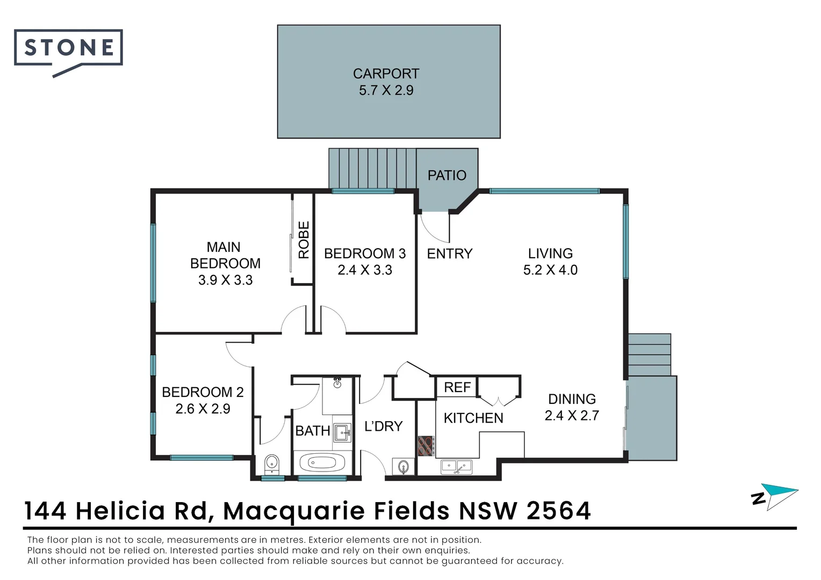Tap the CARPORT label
coord(386,74)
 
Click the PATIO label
coord(446,175)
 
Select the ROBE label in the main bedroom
coord(304,240)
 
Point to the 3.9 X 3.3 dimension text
coord(225,280)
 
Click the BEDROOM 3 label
coord(365,253)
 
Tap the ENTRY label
coord(449,253)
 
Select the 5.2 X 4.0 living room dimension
coord(550,270)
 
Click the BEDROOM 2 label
coord(203,392)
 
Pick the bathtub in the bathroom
coord(322,462)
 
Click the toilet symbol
coord(272,463)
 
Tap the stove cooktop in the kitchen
coord(426,446)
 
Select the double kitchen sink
coord(456,466)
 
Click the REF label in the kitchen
coord(457,387)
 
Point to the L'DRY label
coord(383,426)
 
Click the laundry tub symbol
coord(404,467)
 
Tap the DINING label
coord(572,399)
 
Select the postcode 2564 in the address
coord(559,511)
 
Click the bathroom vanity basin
coord(342,432)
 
